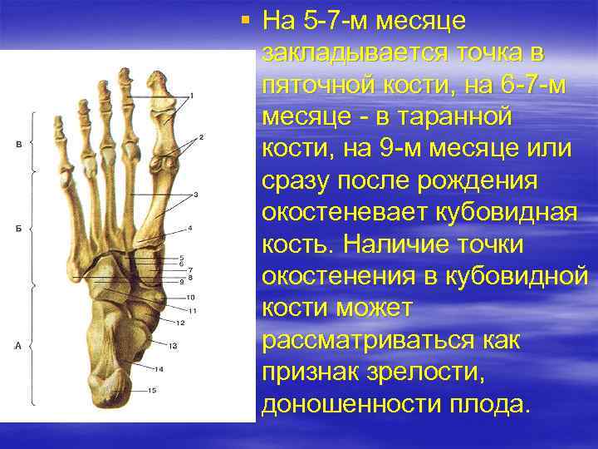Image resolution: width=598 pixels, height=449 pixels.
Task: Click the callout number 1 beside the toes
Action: coord(192,96)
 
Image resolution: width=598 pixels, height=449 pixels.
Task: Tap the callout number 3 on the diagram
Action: coord(194,195)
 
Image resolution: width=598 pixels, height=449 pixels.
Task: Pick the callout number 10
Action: coord(190,298)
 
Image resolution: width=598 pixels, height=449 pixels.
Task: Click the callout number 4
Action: coord(190,228)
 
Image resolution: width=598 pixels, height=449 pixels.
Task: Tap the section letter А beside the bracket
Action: coord(18,344)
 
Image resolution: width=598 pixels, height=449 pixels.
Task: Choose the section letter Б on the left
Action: coord(18,228)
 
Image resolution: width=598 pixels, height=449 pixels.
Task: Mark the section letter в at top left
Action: coord(18,145)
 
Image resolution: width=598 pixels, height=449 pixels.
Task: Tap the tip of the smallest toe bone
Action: coord(58,123)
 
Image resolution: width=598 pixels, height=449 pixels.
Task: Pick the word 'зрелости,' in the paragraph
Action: coord(434,372)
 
